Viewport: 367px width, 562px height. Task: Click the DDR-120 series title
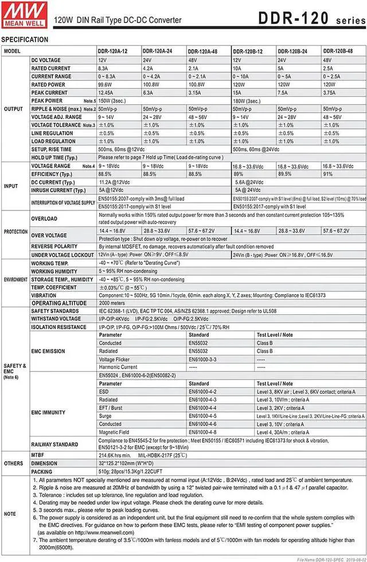click(x=310, y=18)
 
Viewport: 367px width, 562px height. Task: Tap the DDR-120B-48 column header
click(x=338, y=51)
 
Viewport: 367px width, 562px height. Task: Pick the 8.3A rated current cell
click(x=104, y=68)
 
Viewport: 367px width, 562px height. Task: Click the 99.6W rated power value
click(x=105, y=84)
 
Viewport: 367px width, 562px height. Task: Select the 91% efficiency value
click(x=327, y=174)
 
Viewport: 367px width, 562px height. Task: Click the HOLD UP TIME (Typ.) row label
click(x=54, y=157)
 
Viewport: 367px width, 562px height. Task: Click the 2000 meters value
click(x=112, y=303)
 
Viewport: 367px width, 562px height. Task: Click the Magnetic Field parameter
click(x=115, y=432)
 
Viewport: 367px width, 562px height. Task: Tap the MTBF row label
click(x=38, y=453)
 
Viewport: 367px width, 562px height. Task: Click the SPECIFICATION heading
click(x=25, y=40)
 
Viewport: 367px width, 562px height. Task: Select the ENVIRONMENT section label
click(x=15, y=279)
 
